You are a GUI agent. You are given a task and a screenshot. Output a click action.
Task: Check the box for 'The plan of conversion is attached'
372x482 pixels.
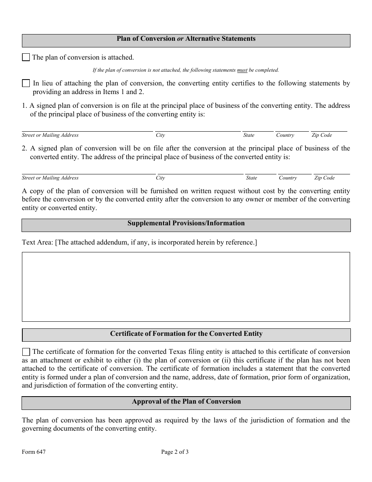[26, 58]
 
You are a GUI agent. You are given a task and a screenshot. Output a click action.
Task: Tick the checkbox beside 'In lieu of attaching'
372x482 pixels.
[26, 83]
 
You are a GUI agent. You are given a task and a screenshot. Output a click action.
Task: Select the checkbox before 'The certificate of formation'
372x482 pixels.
[26, 352]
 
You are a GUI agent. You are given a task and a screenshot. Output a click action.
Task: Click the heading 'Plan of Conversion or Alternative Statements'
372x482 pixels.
[186, 39]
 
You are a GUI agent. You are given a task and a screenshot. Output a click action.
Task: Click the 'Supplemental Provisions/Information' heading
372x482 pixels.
[186, 223]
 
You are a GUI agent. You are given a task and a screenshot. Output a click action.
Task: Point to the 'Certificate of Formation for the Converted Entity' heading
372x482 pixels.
[186, 334]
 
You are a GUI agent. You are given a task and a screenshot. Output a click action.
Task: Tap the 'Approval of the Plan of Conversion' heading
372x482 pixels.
[186, 402]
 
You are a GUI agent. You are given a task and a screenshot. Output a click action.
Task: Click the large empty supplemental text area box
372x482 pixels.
[186, 286]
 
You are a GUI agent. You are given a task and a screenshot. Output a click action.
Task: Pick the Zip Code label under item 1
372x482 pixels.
[321, 135]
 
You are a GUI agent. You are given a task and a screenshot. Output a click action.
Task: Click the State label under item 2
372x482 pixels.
[251, 178]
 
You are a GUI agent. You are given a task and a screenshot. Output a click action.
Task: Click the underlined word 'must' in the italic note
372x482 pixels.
[242, 71]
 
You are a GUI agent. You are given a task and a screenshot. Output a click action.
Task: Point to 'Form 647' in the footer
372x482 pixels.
[34, 452]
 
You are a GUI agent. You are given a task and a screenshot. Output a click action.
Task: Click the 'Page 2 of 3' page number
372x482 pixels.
[175, 452]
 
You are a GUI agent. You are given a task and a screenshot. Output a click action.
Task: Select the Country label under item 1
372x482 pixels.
[285, 135]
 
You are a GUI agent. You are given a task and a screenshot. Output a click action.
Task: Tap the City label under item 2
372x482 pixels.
[161, 178]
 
